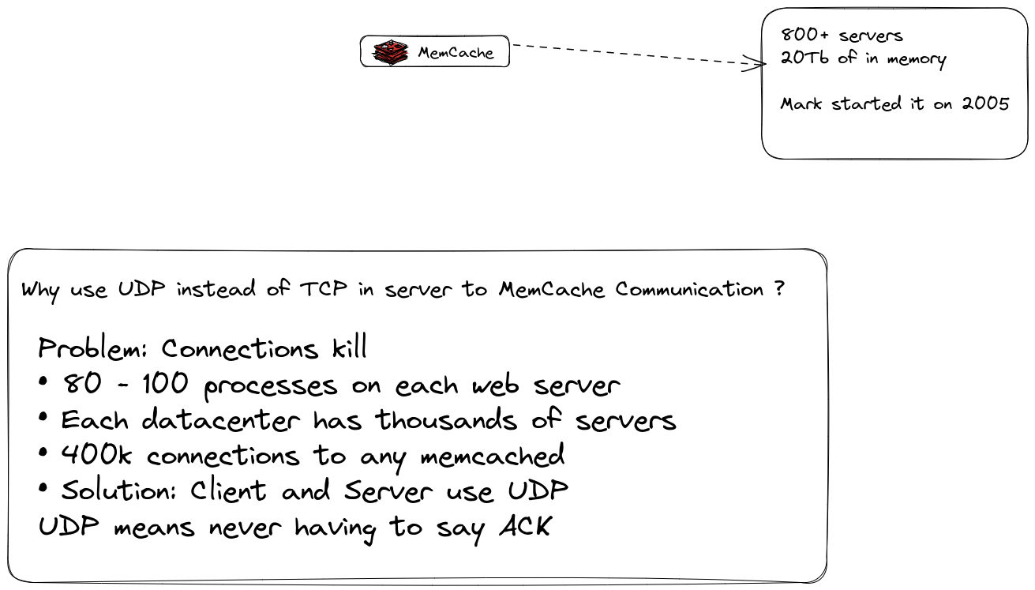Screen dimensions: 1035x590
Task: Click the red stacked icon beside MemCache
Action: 391,52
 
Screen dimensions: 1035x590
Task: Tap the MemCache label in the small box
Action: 456,53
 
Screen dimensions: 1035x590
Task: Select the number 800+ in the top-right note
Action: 804,35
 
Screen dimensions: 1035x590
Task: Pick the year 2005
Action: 985,103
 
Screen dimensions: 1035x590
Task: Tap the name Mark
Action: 801,103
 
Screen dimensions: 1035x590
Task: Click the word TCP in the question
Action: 324,289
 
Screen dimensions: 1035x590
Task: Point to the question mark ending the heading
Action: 779,289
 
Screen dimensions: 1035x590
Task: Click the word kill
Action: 350,347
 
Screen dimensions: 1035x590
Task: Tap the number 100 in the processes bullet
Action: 166,384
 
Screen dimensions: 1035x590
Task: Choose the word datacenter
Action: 221,420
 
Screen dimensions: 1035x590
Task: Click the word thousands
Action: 446,420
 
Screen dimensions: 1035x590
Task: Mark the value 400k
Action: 96,455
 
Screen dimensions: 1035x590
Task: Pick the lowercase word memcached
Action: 493,455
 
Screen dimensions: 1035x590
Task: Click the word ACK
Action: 526,526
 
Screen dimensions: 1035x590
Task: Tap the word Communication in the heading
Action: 689,289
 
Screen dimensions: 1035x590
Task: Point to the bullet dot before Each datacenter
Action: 43,417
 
